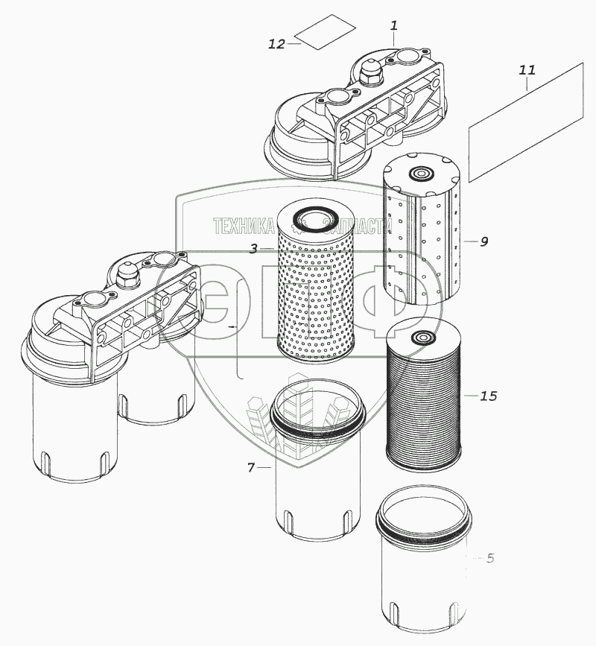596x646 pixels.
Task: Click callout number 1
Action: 394,25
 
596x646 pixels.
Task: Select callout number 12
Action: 276,44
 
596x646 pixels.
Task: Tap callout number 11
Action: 527,71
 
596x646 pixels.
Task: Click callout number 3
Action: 253,249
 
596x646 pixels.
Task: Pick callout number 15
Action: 488,396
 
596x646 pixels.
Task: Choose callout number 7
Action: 252,468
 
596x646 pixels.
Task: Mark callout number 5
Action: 490,557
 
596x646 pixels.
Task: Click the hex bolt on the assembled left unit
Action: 126,276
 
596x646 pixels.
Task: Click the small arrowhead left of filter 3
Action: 232,326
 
